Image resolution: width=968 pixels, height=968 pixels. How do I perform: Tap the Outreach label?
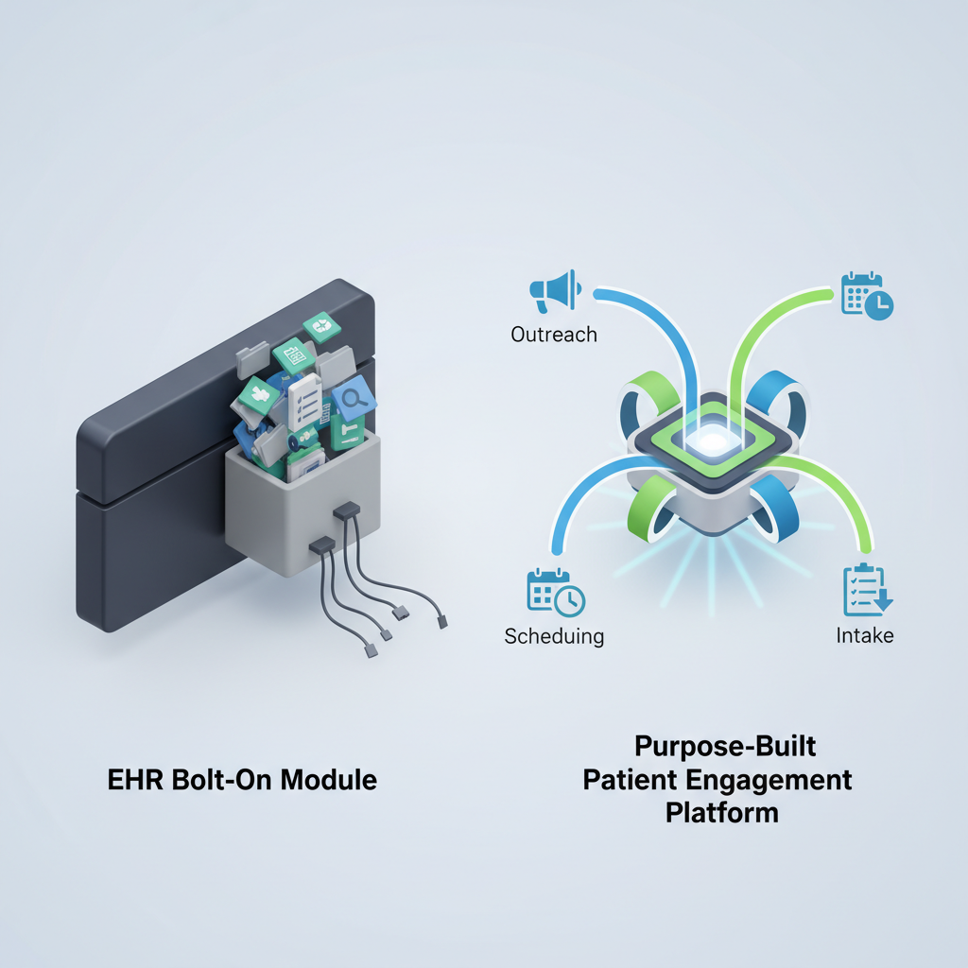click(x=553, y=335)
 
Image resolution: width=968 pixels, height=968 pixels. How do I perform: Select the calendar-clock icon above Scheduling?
click(x=555, y=592)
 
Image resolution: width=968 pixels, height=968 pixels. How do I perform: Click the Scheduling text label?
click(x=554, y=635)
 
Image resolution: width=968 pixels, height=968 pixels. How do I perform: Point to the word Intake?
click(x=865, y=635)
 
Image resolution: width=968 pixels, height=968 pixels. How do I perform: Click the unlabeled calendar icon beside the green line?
click(x=867, y=295)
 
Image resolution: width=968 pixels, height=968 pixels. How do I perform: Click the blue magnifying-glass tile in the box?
click(x=354, y=401)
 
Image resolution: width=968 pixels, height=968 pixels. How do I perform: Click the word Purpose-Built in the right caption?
click(x=725, y=747)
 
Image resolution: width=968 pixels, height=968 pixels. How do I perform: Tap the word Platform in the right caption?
click(x=722, y=812)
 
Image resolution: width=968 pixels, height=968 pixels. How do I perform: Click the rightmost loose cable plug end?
click(x=441, y=622)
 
